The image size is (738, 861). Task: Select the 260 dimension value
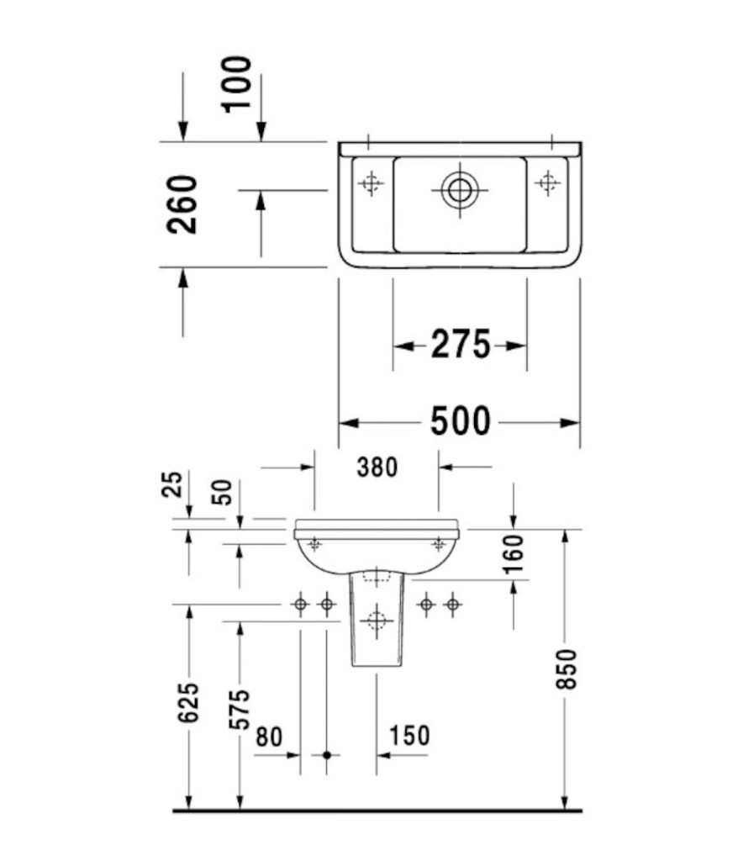[x=182, y=204]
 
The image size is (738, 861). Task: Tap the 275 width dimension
[x=460, y=345]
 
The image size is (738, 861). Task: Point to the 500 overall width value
[x=460, y=421]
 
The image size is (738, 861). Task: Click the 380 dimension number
[x=377, y=467]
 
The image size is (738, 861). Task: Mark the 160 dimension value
[x=514, y=553]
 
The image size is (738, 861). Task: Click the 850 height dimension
[x=568, y=669]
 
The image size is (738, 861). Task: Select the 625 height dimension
[x=190, y=702]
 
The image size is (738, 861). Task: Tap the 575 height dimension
[x=240, y=709]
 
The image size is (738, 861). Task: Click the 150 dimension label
[x=409, y=736]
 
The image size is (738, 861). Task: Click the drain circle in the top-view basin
[x=460, y=189]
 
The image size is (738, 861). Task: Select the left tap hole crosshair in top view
[x=371, y=182]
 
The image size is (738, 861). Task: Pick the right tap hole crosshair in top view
[x=548, y=182]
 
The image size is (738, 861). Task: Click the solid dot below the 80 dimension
[x=327, y=755]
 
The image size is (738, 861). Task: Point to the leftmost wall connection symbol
[x=300, y=604]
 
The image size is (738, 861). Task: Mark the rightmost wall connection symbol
[x=452, y=604]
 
